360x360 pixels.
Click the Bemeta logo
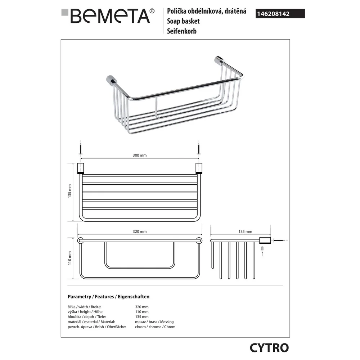coord(108,16)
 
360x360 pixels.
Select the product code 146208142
coord(273,14)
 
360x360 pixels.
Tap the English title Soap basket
coord(183,21)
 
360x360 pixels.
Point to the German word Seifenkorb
coord(181,31)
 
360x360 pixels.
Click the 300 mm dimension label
coord(140,155)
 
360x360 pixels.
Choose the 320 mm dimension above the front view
coord(140,231)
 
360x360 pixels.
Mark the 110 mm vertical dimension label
coord(69,258)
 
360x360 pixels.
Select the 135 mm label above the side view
coord(245,231)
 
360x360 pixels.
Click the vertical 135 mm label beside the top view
coord(69,191)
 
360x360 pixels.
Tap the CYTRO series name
coord(269,348)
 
